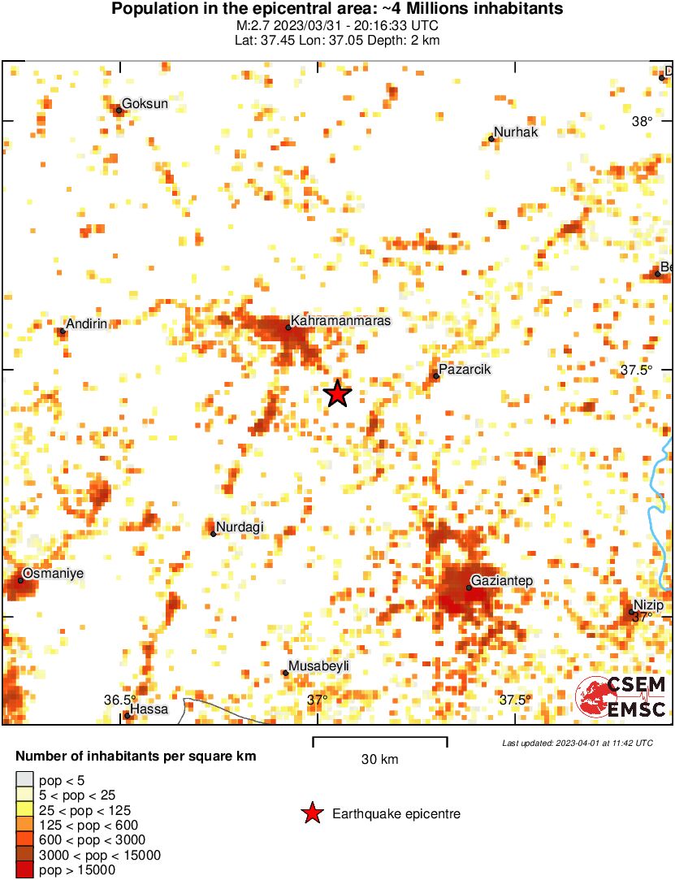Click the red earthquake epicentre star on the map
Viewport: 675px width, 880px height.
pos(337,394)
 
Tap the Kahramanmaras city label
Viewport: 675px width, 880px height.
pos(340,321)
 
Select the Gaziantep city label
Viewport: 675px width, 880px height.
pos(502,580)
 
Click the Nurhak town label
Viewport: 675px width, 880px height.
pos(516,132)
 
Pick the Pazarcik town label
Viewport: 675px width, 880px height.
pos(465,370)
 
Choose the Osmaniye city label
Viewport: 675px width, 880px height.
pos(53,574)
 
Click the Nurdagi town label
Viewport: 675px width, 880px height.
pos(240,527)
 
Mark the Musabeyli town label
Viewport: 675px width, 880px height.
pos(319,666)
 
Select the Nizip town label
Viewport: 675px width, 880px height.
pos(649,605)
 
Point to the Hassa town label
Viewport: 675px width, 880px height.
pos(149,709)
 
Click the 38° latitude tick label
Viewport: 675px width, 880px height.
pos(643,122)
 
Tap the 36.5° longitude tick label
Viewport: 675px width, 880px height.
pos(120,700)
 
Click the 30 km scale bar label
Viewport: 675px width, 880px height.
pos(379,760)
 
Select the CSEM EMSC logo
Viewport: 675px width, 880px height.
pos(621,697)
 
